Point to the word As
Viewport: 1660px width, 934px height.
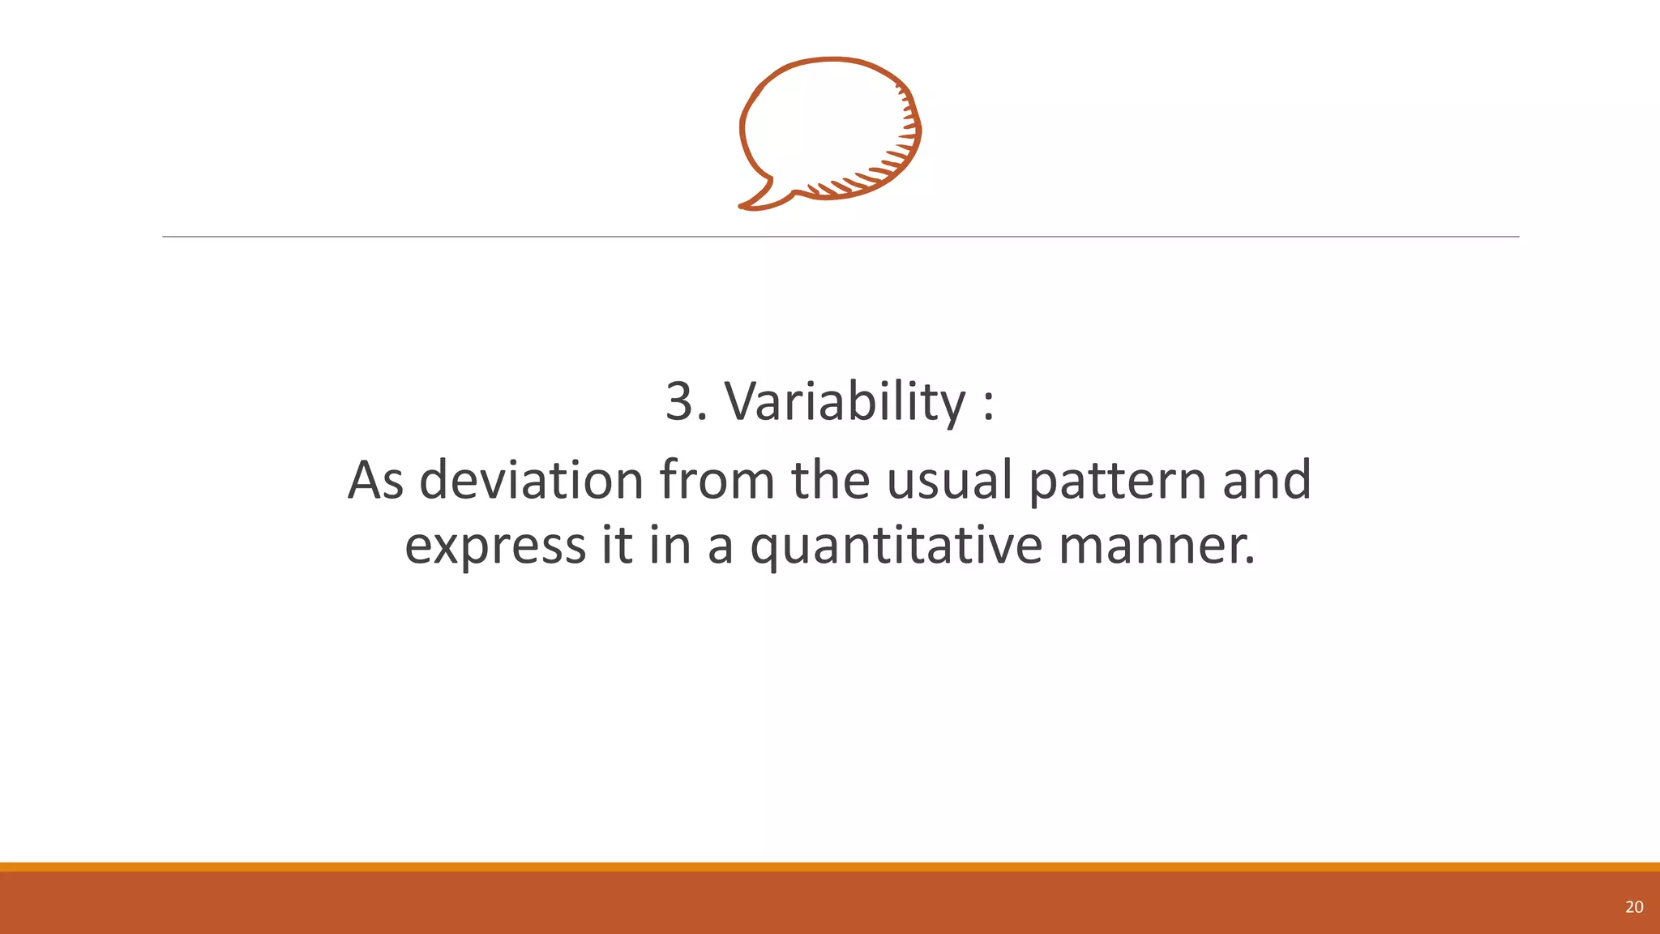click(375, 480)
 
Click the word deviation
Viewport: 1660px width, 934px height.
click(531, 480)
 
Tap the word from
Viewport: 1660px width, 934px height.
click(717, 480)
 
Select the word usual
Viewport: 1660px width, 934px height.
click(949, 480)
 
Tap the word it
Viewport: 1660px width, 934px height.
click(617, 545)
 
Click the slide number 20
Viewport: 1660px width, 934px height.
click(1634, 907)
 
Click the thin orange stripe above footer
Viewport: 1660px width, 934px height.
click(830, 867)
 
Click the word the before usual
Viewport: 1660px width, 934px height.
click(830, 480)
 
